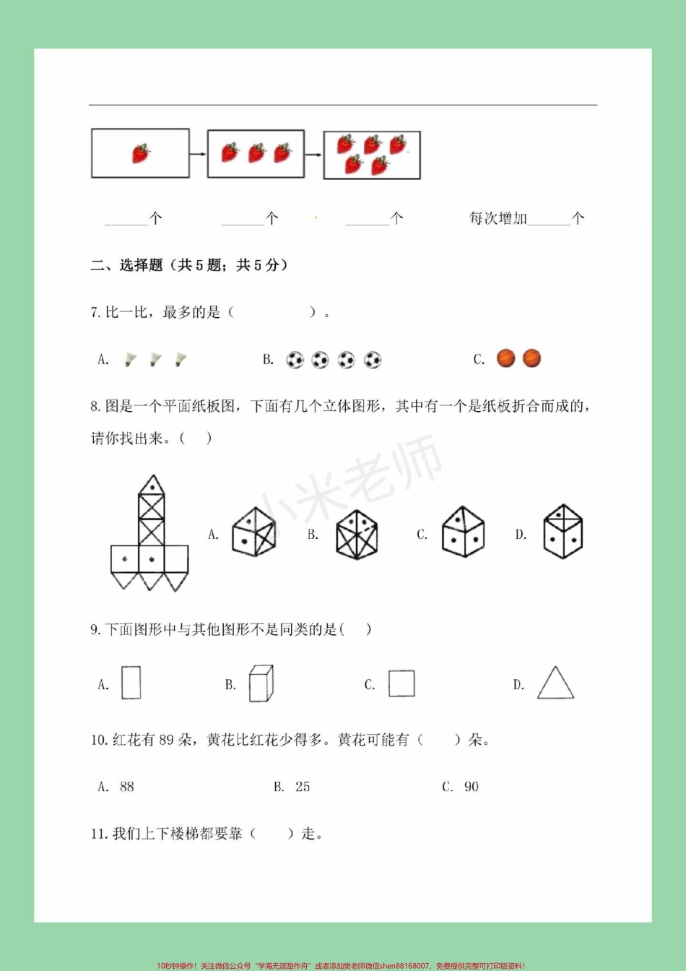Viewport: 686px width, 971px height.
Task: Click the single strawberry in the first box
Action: pyautogui.click(x=141, y=153)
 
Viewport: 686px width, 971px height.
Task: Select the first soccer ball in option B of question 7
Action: pyautogui.click(x=295, y=360)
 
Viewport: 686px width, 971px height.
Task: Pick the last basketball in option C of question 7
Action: pyautogui.click(x=531, y=358)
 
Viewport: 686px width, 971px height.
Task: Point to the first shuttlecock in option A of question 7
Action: pyautogui.click(x=130, y=359)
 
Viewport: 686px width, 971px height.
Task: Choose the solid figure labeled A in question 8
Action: pyautogui.click(x=253, y=532)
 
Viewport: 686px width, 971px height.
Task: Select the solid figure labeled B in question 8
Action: pyautogui.click(x=357, y=535)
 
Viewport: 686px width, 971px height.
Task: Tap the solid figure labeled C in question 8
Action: pyautogui.click(x=463, y=532)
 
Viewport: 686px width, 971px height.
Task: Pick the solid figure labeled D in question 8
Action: pyautogui.click(x=563, y=532)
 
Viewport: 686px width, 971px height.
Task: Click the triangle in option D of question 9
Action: pyautogui.click(x=555, y=683)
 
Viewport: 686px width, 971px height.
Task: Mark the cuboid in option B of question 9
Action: pyautogui.click(x=261, y=683)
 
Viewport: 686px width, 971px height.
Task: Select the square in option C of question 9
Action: pyautogui.click(x=401, y=683)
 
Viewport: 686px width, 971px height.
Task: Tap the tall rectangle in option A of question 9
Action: pyautogui.click(x=131, y=683)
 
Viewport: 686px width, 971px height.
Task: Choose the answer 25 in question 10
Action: pyautogui.click(x=303, y=787)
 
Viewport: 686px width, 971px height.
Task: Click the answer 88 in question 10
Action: pyautogui.click(x=127, y=787)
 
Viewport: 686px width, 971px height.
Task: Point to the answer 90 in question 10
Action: pyautogui.click(x=471, y=787)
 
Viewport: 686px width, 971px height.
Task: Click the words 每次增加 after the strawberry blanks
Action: pyautogui.click(x=498, y=218)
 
